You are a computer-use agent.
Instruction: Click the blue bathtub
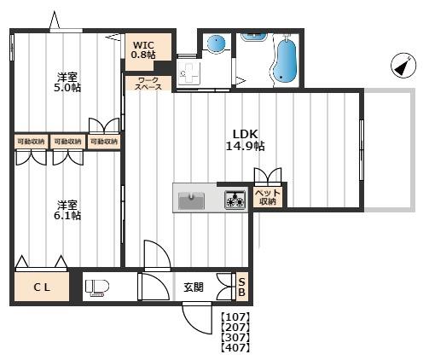pyautogui.click(x=286, y=61)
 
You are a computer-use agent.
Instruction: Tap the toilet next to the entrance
pyautogui.click(x=97, y=287)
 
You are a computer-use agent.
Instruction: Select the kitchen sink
pyautogui.click(x=191, y=200)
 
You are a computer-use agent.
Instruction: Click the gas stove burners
pyautogui.click(x=235, y=200)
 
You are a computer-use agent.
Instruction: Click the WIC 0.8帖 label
pyautogui.click(x=143, y=49)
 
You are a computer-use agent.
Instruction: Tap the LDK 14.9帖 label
pyautogui.click(x=245, y=140)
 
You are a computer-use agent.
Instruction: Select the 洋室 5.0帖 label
pyautogui.click(x=67, y=82)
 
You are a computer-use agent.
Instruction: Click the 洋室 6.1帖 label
pyautogui.click(x=67, y=210)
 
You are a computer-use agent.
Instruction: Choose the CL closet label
pyautogui.click(x=42, y=287)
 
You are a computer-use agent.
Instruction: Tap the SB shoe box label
pyautogui.click(x=241, y=287)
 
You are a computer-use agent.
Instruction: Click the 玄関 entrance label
pyautogui.click(x=194, y=287)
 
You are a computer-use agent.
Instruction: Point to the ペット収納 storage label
pyautogui.click(x=267, y=197)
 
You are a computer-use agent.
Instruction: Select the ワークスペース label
pyautogui.click(x=148, y=84)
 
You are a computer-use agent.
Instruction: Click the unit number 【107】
pyautogui.click(x=235, y=316)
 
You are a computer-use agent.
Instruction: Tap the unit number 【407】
pyautogui.click(x=235, y=347)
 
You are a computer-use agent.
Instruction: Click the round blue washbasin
pyautogui.click(x=216, y=44)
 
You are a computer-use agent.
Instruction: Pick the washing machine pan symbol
pyautogui.click(x=188, y=72)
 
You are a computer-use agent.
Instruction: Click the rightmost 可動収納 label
pyautogui.click(x=104, y=141)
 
